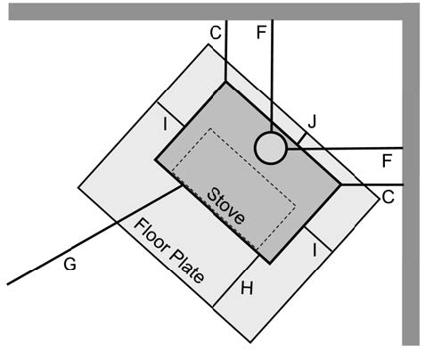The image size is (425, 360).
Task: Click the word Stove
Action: coord(226,206)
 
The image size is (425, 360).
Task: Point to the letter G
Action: coord(69,264)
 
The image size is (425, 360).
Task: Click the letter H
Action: coord(247,288)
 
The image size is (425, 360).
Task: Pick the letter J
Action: coord(312,121)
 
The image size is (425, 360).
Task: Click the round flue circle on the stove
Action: coord(270,147)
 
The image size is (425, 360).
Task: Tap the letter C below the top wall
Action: coord(216,33)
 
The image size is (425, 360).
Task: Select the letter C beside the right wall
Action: coord(388,197)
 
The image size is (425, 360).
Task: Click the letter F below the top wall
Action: coord(261,33)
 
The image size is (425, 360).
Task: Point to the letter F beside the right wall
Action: coord(388,161)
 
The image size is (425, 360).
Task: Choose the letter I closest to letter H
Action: coord(315,250)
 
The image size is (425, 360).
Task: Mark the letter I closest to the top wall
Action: coord(165,125)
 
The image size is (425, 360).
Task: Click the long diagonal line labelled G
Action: coord(94,235)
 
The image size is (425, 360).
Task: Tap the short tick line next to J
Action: coord(302,138)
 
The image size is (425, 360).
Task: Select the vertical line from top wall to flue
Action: coord(272,76)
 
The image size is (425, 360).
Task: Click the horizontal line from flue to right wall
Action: coord(345,148)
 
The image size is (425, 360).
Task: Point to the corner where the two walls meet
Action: coord(411,12)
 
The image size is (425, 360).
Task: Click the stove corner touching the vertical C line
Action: coord(225,82)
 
